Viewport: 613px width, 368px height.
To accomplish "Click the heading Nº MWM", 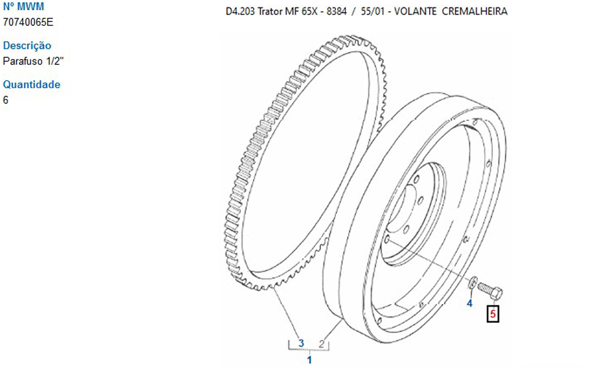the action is pyautogui.click(x=23, y=7).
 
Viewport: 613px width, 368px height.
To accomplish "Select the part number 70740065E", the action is pyautogui.click(x=28, y=22).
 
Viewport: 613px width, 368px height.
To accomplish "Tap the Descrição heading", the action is pyautogui.click(x=27, y=45).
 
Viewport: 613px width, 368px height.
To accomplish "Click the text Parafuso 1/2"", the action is pyautogui.click(x=33, y=61).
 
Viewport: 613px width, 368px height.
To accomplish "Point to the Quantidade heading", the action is pyautogui.click(x=32, y=85).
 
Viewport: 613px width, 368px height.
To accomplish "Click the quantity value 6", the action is pyautogui.click(x=6, y=100).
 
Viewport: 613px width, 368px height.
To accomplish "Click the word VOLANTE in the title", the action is pyautogui.click(x=415, y=11).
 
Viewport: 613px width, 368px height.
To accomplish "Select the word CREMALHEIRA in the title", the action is pyautogui.click(x=474, y=11).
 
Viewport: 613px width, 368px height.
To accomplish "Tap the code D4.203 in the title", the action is pyautogui.click(x=240, y=11).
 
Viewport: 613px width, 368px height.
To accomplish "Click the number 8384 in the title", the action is pyautogui.click(x=337, y=11).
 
